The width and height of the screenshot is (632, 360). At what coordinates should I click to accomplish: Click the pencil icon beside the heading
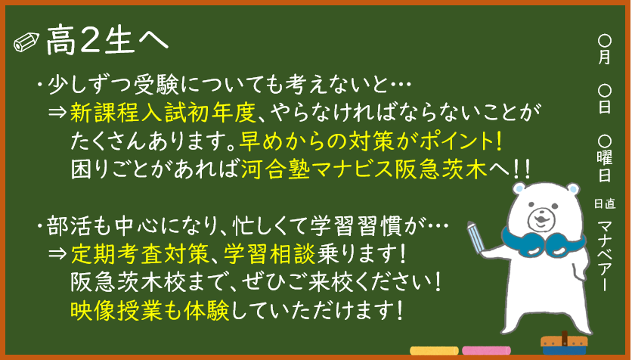point(26,42)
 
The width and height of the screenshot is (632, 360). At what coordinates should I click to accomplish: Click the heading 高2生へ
point(107,39)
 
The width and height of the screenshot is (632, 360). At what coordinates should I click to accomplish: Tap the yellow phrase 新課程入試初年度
point(163,113)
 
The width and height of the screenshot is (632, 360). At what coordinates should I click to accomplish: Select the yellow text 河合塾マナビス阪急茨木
point(364,169)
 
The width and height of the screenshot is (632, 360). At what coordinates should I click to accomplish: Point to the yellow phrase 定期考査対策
point(139,254)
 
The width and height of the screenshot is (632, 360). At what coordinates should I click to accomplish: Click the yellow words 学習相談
point(270,254)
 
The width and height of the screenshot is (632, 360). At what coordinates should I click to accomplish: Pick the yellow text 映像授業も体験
point(150,310)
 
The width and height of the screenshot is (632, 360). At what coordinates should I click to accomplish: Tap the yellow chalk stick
point(434,351)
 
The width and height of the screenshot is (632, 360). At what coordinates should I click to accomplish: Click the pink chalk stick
point(486,351)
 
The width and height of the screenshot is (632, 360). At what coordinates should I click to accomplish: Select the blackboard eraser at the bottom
point(564,345)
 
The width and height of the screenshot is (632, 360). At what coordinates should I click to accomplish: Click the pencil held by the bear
point(476,237)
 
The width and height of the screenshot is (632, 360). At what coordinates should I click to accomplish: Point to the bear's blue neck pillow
point(543,243)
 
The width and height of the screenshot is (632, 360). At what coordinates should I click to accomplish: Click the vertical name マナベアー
point(605,255)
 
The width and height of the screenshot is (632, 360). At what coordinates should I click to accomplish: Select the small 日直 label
point(605,203)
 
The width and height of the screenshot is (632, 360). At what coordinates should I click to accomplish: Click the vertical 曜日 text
point(605,166)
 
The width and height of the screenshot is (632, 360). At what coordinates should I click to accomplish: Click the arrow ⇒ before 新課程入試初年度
point(57,113)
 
